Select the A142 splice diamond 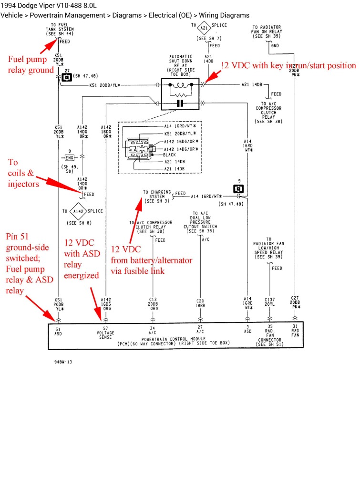point(78,210)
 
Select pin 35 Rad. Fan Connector point(270,333)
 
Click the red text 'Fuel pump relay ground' point(31,64)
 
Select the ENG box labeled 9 point(70,157)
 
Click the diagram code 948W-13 point(63,362)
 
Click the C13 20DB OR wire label point(153,304)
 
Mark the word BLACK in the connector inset point(169,155)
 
